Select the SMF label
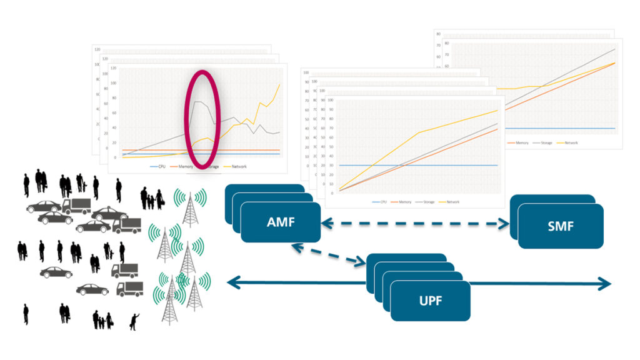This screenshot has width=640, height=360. click(x=560, y=226)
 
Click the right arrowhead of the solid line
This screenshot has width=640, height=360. click(x=605, y=284)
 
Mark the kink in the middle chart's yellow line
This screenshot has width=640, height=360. click(x=418, y=132)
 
